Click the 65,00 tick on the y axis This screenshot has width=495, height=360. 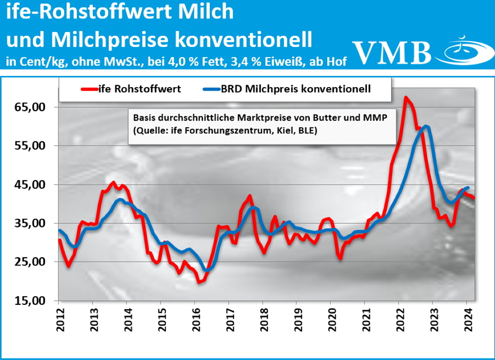tap(30, 107)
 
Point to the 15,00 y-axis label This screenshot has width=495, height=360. tap(30, 301)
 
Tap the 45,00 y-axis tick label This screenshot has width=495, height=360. tap(30, 185)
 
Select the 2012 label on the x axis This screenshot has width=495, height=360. tap(60, 320)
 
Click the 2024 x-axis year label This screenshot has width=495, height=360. tap(468, 320)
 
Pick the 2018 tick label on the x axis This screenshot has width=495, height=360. tap(264, 320)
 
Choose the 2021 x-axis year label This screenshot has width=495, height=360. tap(366, 320)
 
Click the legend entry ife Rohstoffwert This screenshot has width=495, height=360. tap(140, 89)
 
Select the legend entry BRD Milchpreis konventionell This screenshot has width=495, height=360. tap(296, 89)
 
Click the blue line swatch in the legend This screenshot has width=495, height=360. tap(212, 89)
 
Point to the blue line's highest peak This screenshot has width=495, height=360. tap(426, 126)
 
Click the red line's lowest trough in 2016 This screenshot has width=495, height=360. tap(199, 282)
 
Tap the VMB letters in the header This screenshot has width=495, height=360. tap(392, 53)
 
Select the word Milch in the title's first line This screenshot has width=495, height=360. tap(206, 12)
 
